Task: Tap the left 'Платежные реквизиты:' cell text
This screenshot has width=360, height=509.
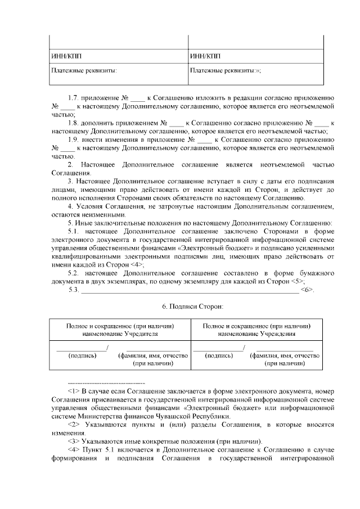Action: click(x=84, y=71)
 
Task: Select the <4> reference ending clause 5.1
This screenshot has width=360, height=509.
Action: click(x=136, y=264)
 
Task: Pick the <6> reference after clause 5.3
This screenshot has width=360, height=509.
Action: click(x=307, y=290)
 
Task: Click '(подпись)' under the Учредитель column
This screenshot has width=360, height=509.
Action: click(x=82, y=355)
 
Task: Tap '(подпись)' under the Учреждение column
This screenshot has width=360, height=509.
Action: click(x=219, y=355)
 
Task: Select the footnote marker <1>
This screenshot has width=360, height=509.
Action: click(x=74, y=390)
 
